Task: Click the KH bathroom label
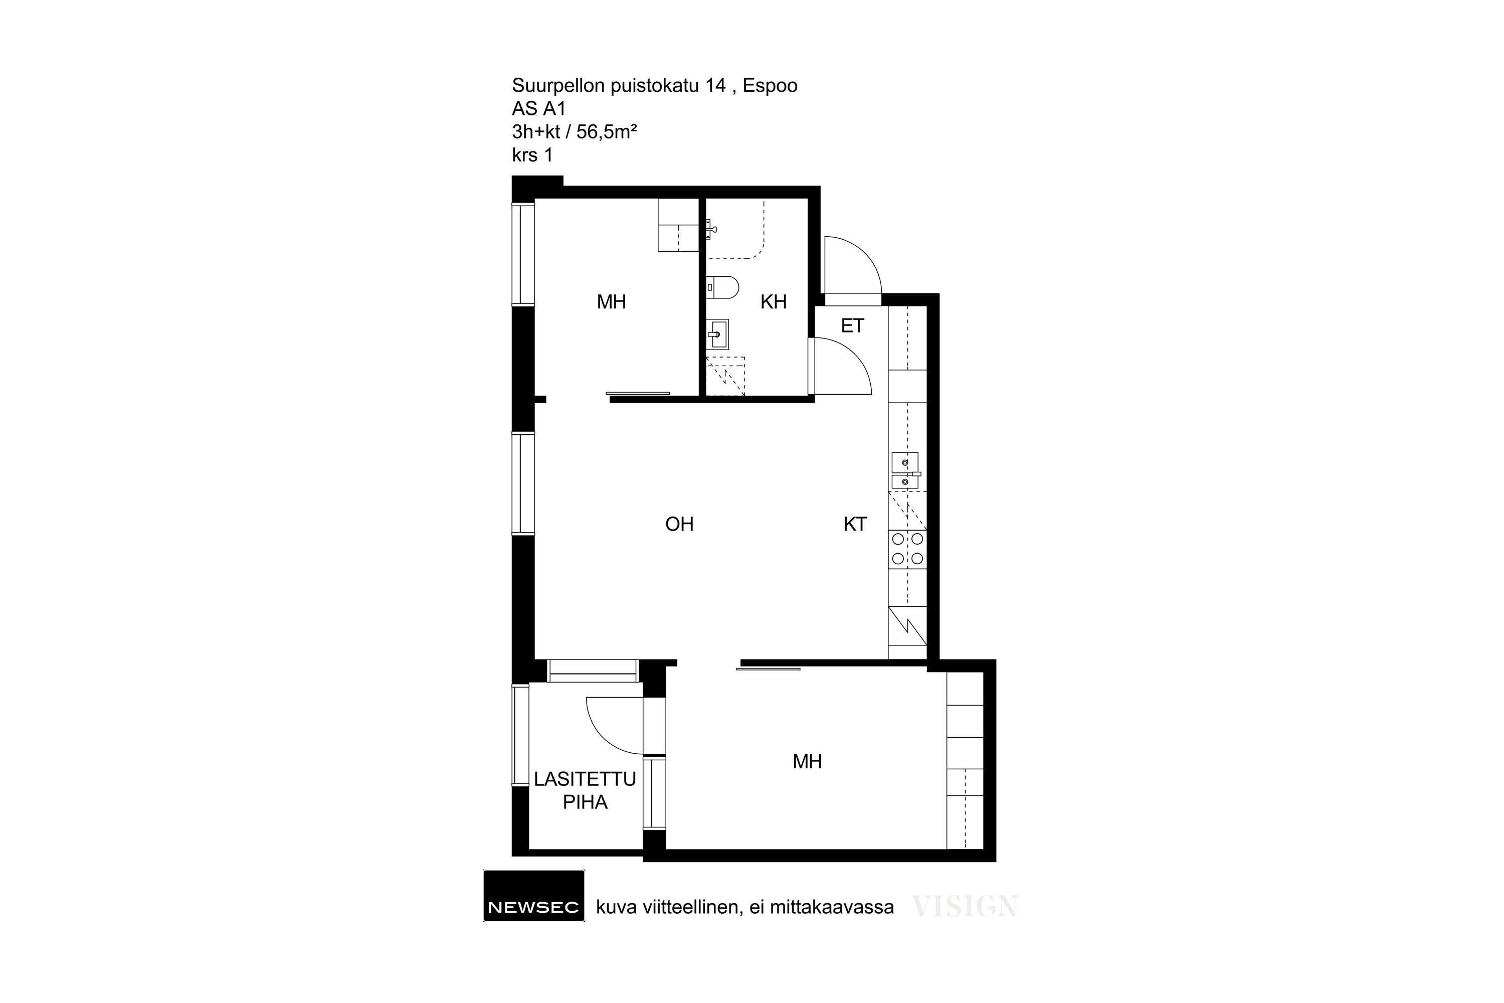tap(773, 302)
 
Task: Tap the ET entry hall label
tap(852, 326)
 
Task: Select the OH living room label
tap(679, 525)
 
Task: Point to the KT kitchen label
tap(855, 525)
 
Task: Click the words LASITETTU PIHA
tap(585, 791)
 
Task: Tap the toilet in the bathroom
tap(722, 287)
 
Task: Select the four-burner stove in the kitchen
tap(907, 549)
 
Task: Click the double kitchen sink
tap(905, 471)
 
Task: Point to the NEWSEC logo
tap(533, 896)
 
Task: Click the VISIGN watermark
tap(964, 906)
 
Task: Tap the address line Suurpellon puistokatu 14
tap(618, 86)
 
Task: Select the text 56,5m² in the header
tap(606, 132)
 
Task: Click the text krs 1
tap(532, 155)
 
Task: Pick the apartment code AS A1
tap(538, 109)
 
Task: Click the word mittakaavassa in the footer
tap(831, 908)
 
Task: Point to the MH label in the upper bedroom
tap(611, 302)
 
